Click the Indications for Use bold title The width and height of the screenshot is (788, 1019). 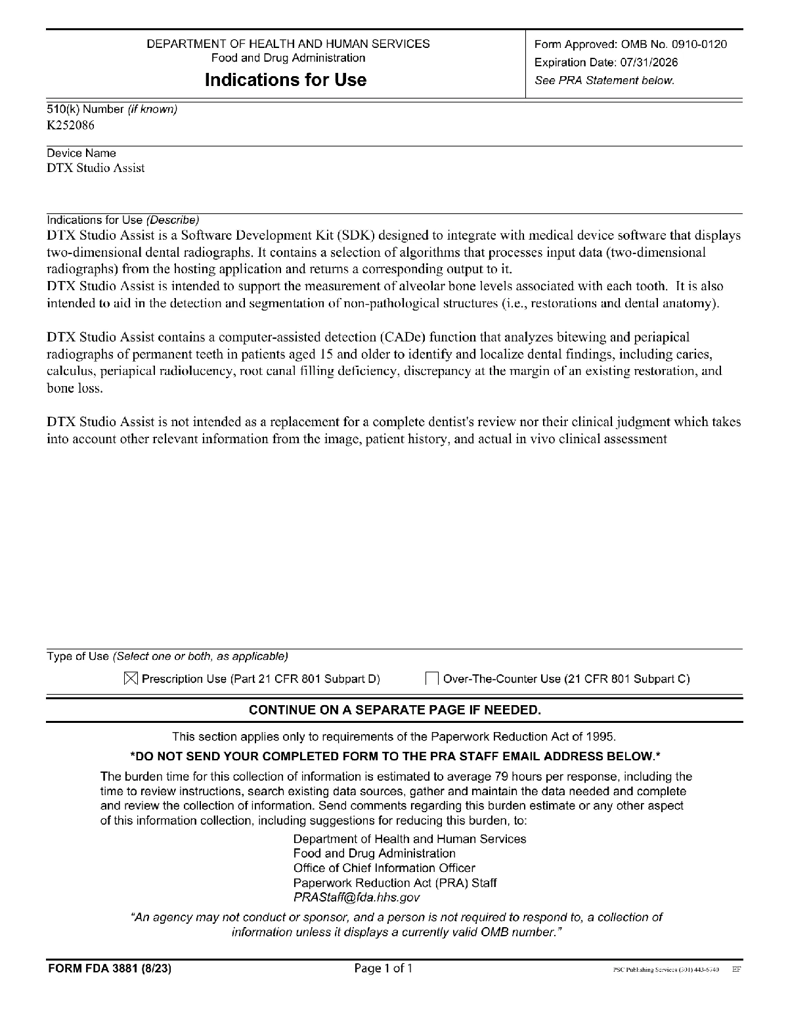click(x=286, y=80)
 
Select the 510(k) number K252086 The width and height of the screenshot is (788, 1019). click(x=70, y=125)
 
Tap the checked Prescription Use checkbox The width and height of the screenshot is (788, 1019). click(x=131, y=678)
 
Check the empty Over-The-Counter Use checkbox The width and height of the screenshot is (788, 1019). click(x=432, y=678)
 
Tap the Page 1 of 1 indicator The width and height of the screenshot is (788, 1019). click(x=383, y=968)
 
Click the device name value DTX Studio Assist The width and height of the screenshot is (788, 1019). click(x=95, y=168)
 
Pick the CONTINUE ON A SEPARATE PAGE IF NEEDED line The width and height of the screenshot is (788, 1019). click(x=395, y=710)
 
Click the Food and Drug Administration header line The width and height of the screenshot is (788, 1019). click(x=288, y=58)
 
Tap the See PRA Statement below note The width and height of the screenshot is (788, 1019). click(x=605, y=81)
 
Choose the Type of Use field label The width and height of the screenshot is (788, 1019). click(x=77, y=656)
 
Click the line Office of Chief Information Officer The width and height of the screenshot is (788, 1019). click(x=384, y=868)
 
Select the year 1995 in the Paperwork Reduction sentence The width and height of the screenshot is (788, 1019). click(x=602, y=737)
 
